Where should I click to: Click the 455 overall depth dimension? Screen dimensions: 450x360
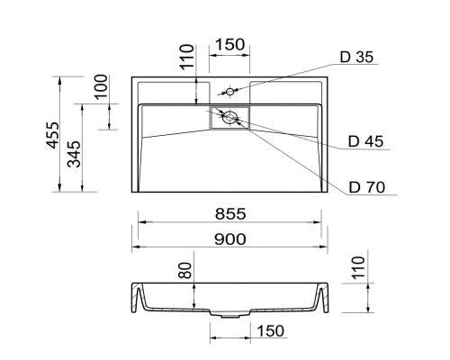[53, 135]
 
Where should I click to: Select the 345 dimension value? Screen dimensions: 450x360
[74, 154]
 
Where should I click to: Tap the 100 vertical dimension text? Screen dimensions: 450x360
[101, 86]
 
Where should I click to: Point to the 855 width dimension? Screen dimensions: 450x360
[230, 214]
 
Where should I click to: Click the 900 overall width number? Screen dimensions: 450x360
[230, 239]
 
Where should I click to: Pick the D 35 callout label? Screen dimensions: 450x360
[356, 57]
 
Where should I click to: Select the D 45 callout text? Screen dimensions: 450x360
[365, 141]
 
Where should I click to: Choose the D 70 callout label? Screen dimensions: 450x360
[366, 187]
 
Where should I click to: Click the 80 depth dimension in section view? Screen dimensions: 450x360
[184, 270]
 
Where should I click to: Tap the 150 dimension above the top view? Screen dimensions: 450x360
[229, 45]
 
